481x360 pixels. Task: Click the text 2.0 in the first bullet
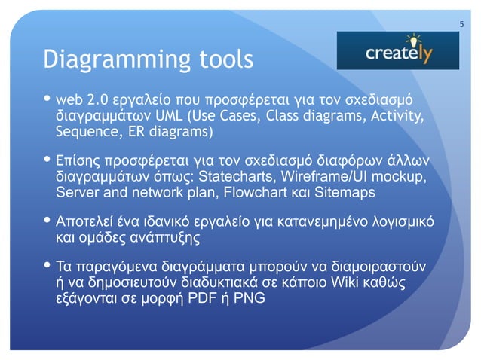pyautogui.click(x=97, y=101)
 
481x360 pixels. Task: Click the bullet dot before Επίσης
pyautogui.click(x=48, y=161)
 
